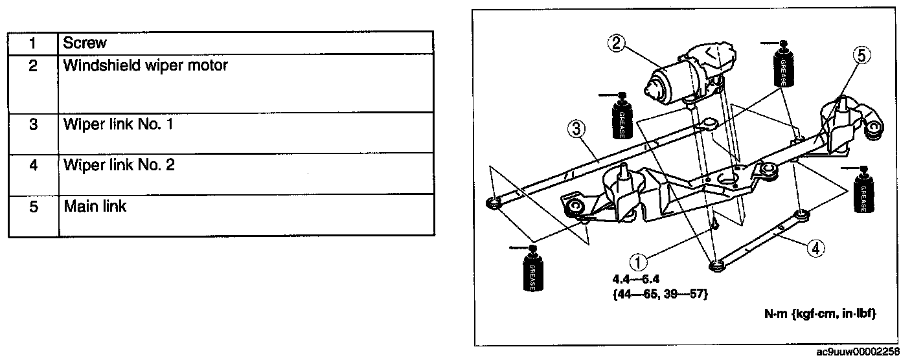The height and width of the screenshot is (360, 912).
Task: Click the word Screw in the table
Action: click(84, 44)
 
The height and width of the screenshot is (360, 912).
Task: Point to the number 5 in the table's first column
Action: click(33, 207)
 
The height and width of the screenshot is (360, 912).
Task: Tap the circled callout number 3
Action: click(575, 128)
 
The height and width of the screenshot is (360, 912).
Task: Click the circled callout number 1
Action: click(639, 262)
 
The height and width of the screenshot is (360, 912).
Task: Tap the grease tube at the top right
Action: click(782, 65)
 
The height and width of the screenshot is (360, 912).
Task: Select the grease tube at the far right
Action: click(863, 190)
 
